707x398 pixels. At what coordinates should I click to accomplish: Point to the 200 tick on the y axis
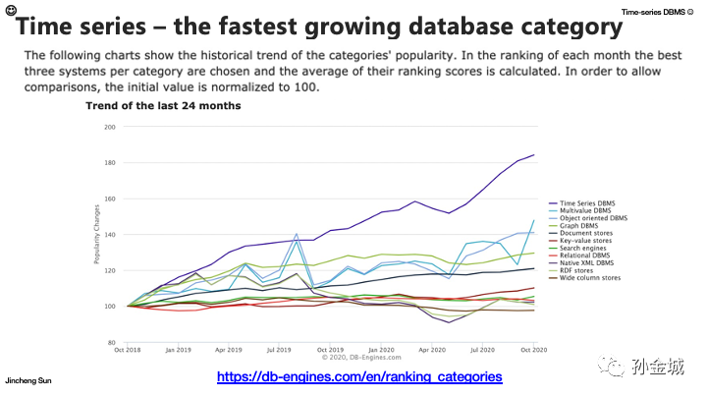coord(109,127)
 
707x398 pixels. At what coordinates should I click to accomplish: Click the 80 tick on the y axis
coord(111,342)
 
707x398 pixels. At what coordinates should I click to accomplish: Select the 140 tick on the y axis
coord(109,234)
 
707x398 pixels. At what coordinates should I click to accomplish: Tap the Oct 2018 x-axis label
coord(127,349)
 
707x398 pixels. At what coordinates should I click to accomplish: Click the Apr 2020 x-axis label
coord(432,349)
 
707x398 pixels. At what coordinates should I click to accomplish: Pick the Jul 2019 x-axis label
coord(280,349)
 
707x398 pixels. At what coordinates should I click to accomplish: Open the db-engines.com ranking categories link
coord(358,376)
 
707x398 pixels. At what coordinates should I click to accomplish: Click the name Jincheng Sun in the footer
coord(27,378)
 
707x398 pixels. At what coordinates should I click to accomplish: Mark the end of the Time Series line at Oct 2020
coord(533,155)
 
